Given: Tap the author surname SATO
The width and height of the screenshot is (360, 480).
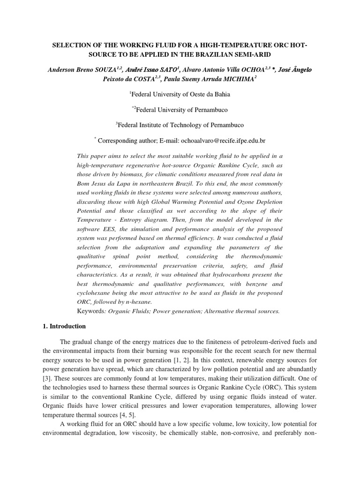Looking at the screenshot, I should coord(166,69).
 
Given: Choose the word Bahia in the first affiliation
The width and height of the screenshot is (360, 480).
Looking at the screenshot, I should coord(220,94).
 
